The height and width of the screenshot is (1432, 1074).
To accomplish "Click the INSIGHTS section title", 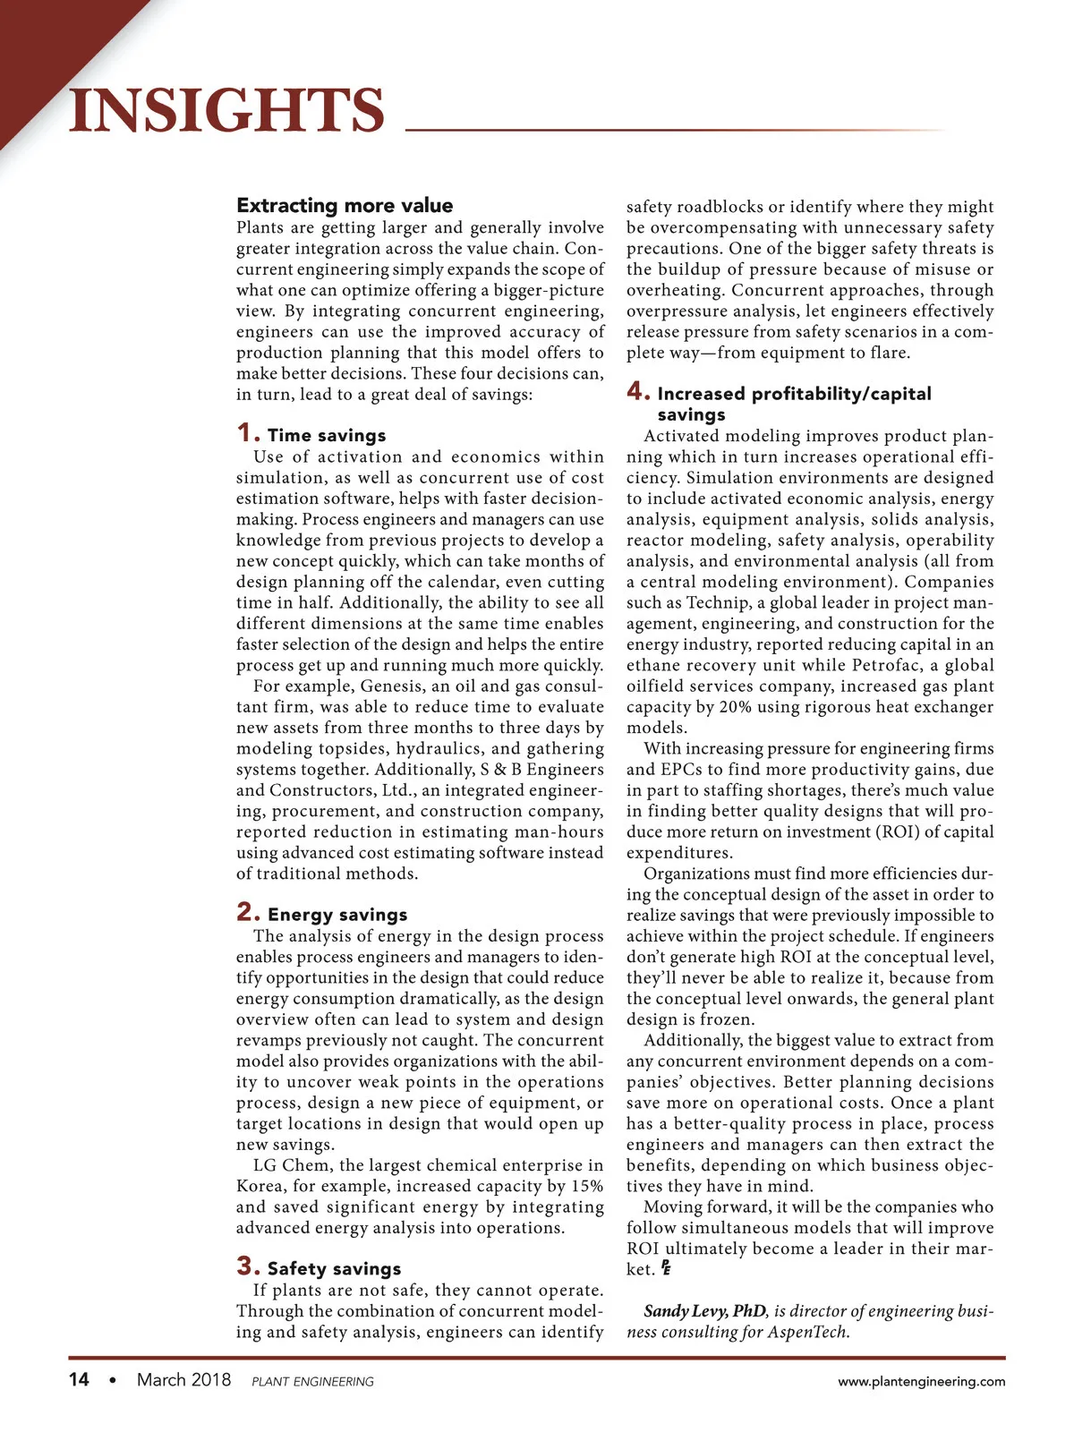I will [x=226, y=110].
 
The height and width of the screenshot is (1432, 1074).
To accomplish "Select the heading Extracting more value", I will [x=345, y=206].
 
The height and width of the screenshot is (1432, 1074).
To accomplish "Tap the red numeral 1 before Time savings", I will [x=247, y=434].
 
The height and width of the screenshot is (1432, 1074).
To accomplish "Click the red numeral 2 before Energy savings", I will [x=248, y=913].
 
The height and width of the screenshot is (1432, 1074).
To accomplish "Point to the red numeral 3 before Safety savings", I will [x=248, y=1266].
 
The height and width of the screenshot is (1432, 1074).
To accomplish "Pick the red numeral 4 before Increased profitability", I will [x=637, y=392].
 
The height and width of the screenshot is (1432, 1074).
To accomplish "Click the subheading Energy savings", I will [x=337, y=915].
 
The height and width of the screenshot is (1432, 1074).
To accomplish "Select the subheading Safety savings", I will [x=334, y=1269].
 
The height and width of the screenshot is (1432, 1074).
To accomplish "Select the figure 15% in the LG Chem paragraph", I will [x=586, y=1187].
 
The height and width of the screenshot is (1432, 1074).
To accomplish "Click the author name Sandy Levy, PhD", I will [x=704, y=1311].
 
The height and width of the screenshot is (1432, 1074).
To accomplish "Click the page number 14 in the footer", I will [x=79, y=1380].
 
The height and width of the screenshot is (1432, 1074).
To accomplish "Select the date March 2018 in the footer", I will [x=183, y=1380].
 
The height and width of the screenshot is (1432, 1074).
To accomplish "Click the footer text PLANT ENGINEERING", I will [x=312, y=1382].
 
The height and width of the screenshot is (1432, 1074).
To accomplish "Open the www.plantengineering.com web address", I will [x=921, y=1382].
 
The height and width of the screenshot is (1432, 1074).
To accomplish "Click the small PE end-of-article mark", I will [x=666, y=1268].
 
